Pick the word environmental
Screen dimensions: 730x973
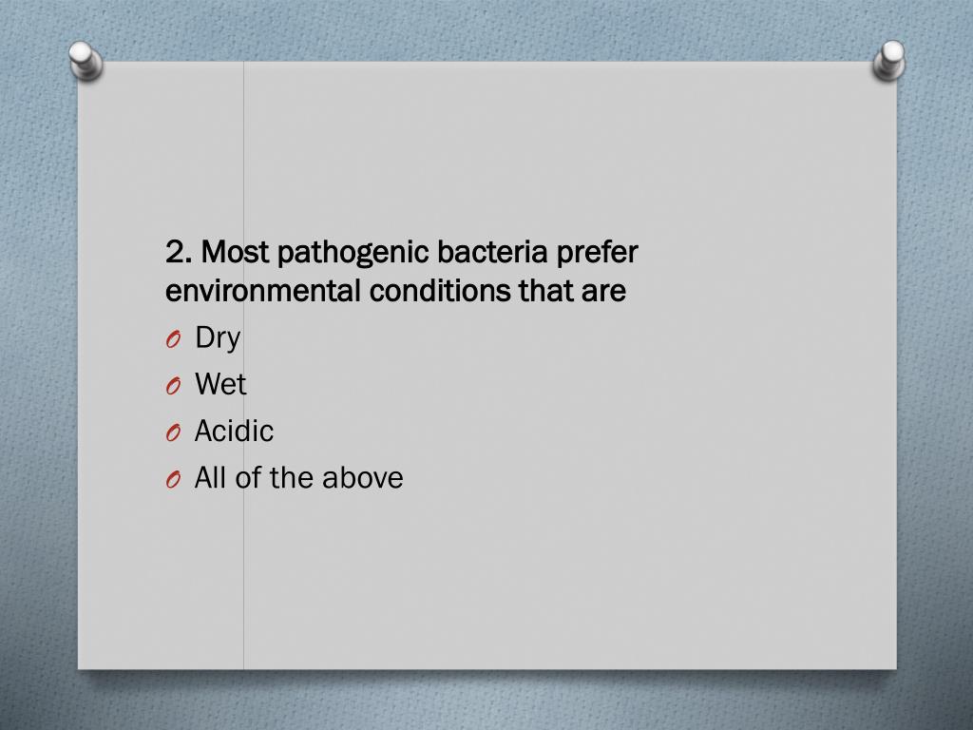point(263,291)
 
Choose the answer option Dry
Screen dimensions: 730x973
point(218,338)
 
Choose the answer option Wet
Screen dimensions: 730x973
point(220,385)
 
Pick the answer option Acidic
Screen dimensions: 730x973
point(234,432)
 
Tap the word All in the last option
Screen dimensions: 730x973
point(211,478)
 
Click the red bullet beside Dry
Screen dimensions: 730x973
point(172,340)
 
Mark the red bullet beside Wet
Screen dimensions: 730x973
point(172,387)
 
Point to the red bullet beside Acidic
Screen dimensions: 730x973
point(172,433)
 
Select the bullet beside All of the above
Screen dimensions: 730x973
point(172,480)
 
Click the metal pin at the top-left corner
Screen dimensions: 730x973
point(85,60)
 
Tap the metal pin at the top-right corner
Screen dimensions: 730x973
point(889,60)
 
